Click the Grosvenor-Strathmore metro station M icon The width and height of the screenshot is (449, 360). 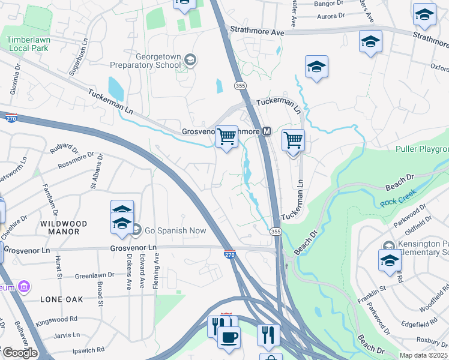click(x=267, y=131)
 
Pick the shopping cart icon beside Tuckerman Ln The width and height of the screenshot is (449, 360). click(x=292, y=140)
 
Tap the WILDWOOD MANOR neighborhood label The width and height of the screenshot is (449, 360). click(x=64, y=227)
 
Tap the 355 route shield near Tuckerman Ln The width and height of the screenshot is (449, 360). click(x=241, y=86)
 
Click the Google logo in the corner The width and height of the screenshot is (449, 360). click(x=19, y=353)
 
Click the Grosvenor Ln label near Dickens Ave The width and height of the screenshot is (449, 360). click(x=133, y=247)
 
